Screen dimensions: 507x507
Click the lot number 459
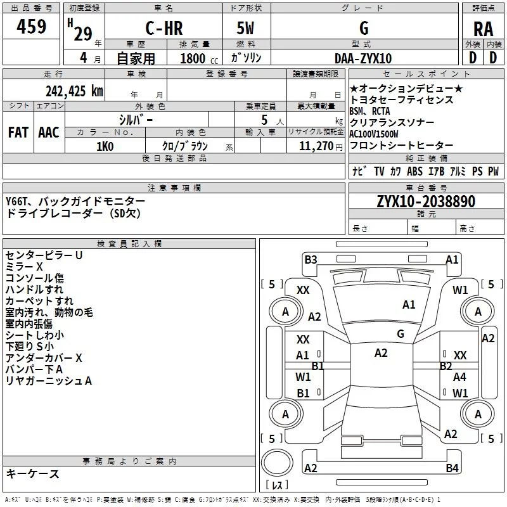32,27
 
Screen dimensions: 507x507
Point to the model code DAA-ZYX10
363,58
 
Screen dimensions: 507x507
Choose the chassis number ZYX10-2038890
425,202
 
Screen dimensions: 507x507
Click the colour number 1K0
105,146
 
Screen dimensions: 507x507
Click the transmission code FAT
18,132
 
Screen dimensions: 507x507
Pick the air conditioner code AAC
49,132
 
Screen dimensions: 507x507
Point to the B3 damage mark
311,259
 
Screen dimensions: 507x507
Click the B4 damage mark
451,468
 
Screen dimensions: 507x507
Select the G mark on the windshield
401,333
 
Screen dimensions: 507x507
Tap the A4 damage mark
459,376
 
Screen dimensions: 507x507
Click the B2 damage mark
446,366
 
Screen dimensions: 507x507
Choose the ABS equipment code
414,171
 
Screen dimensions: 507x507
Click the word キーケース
33,474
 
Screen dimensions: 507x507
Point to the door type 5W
246,29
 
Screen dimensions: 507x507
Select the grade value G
363,29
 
